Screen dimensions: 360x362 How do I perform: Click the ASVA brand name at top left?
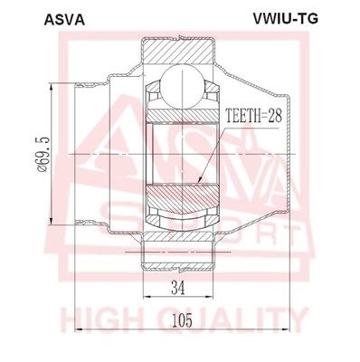click(64, 20)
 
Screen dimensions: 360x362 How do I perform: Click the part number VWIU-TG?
click(285, 19)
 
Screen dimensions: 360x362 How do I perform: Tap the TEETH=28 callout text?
click(253, 117)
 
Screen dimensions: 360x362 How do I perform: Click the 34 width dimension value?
click(177, 288)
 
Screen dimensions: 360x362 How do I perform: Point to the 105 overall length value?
click(182, 320)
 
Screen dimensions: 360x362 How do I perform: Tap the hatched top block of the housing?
click(179, 51)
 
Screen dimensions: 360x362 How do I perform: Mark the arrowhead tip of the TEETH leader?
click(198, 184)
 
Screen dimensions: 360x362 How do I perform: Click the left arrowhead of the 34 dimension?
click(146, 297)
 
